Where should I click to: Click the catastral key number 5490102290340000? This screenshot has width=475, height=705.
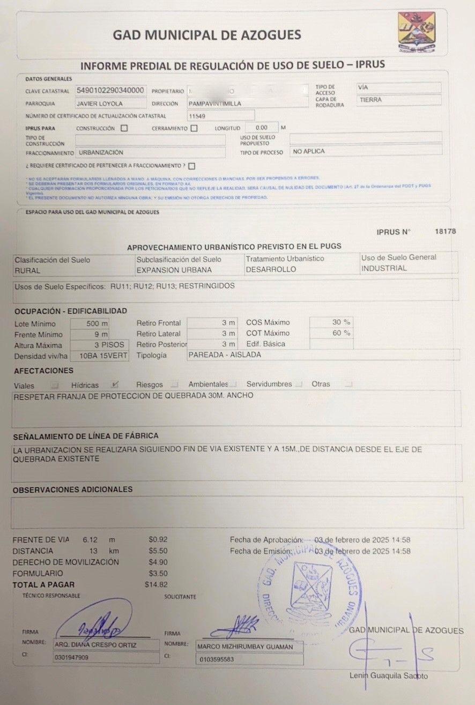pos(110,90)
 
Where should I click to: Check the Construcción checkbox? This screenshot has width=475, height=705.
pos(124,128)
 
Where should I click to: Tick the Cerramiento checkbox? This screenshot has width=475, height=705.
pos(194,128)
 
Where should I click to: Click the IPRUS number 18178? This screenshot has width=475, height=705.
pos(445,232)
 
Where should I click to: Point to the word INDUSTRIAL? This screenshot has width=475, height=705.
pos(384,268)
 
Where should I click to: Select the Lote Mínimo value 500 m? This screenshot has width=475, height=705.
pos(97,324)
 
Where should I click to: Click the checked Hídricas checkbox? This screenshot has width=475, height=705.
pos(114,384)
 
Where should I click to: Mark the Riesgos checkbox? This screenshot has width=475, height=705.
pos(174,384)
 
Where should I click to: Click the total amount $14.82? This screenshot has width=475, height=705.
pos(156,585)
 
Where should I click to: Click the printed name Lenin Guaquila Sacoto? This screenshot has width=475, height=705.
pos(389,676)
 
